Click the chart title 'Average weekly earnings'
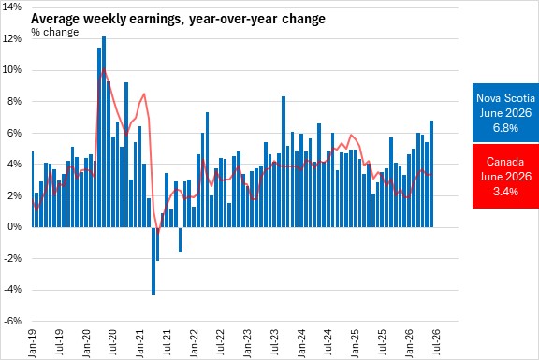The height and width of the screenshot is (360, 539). coord(105,19)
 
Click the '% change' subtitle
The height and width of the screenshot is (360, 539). coord(54,32)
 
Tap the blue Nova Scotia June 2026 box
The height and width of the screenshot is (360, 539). coord(505,112)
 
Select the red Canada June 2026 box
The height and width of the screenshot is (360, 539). coord(505,176)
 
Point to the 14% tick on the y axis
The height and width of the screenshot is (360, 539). coord(11,7)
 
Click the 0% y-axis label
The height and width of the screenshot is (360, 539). coord(14,227)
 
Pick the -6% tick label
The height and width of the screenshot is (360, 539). coord(13,321)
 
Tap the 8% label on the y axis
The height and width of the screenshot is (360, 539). coord(14,101)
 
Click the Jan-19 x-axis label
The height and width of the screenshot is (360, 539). coord(32,343)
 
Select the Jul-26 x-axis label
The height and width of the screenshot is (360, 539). coord(436,342)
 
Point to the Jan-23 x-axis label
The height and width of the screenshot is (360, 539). coord(247,343)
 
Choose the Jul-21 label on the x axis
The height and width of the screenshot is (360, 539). coord(167,342)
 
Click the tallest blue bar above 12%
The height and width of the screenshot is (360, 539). coord(104,132)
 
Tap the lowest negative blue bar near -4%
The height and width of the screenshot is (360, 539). coord(153,261)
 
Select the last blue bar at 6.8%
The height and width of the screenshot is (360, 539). coord(431,174)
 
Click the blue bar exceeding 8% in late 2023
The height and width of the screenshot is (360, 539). coord(284,162)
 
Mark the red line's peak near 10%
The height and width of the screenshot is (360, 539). coord(104,69)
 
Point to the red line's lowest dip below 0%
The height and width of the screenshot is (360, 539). coord(158,233)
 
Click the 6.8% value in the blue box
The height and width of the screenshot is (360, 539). coord(505,128)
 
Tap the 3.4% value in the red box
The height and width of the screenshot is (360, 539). coord(505,191)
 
